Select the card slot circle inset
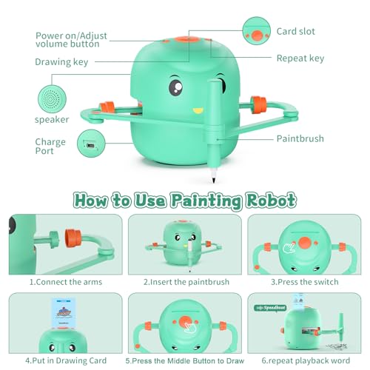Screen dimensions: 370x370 click(x=258, y=31)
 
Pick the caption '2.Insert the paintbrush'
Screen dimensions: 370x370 click(x=184, y=281)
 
